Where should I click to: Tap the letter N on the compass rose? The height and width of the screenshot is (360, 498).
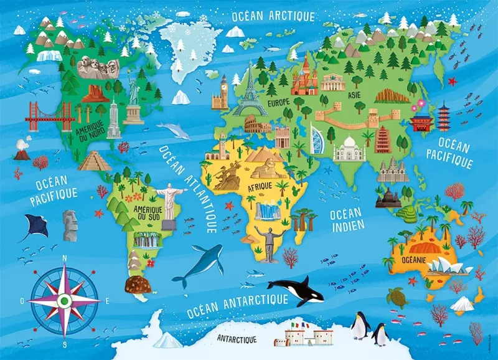click(x=65, y=258)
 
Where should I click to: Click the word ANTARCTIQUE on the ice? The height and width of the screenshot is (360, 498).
click(x=237, y=339)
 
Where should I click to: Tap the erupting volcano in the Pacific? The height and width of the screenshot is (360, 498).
click(x=21, y=149)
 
